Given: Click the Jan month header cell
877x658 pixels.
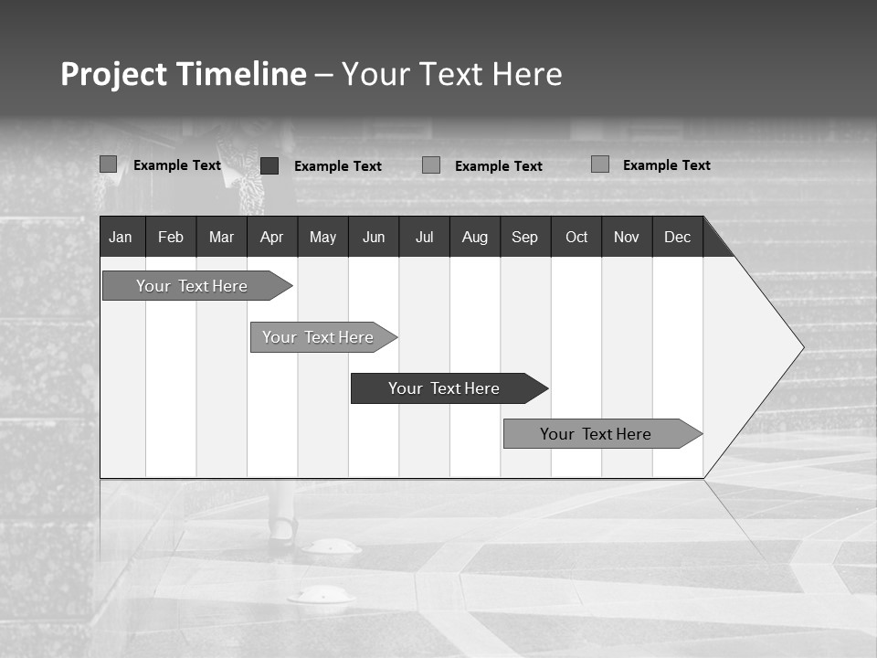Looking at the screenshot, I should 121,238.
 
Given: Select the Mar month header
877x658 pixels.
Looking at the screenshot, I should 221,238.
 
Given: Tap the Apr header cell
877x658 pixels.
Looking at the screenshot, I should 271,238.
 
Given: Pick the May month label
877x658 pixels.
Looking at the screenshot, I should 322,238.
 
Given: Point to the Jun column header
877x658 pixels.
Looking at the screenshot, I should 374,238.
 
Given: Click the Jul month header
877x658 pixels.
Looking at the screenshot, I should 424,238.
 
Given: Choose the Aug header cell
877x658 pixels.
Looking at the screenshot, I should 475,238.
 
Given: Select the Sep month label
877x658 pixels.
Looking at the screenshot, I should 524,238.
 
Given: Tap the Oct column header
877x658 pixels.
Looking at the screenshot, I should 576,238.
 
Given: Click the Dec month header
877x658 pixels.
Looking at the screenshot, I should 677,238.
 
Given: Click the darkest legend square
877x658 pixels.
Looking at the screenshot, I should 269,165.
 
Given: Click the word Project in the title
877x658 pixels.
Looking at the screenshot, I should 112,74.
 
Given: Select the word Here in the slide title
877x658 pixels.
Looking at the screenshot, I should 527,74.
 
